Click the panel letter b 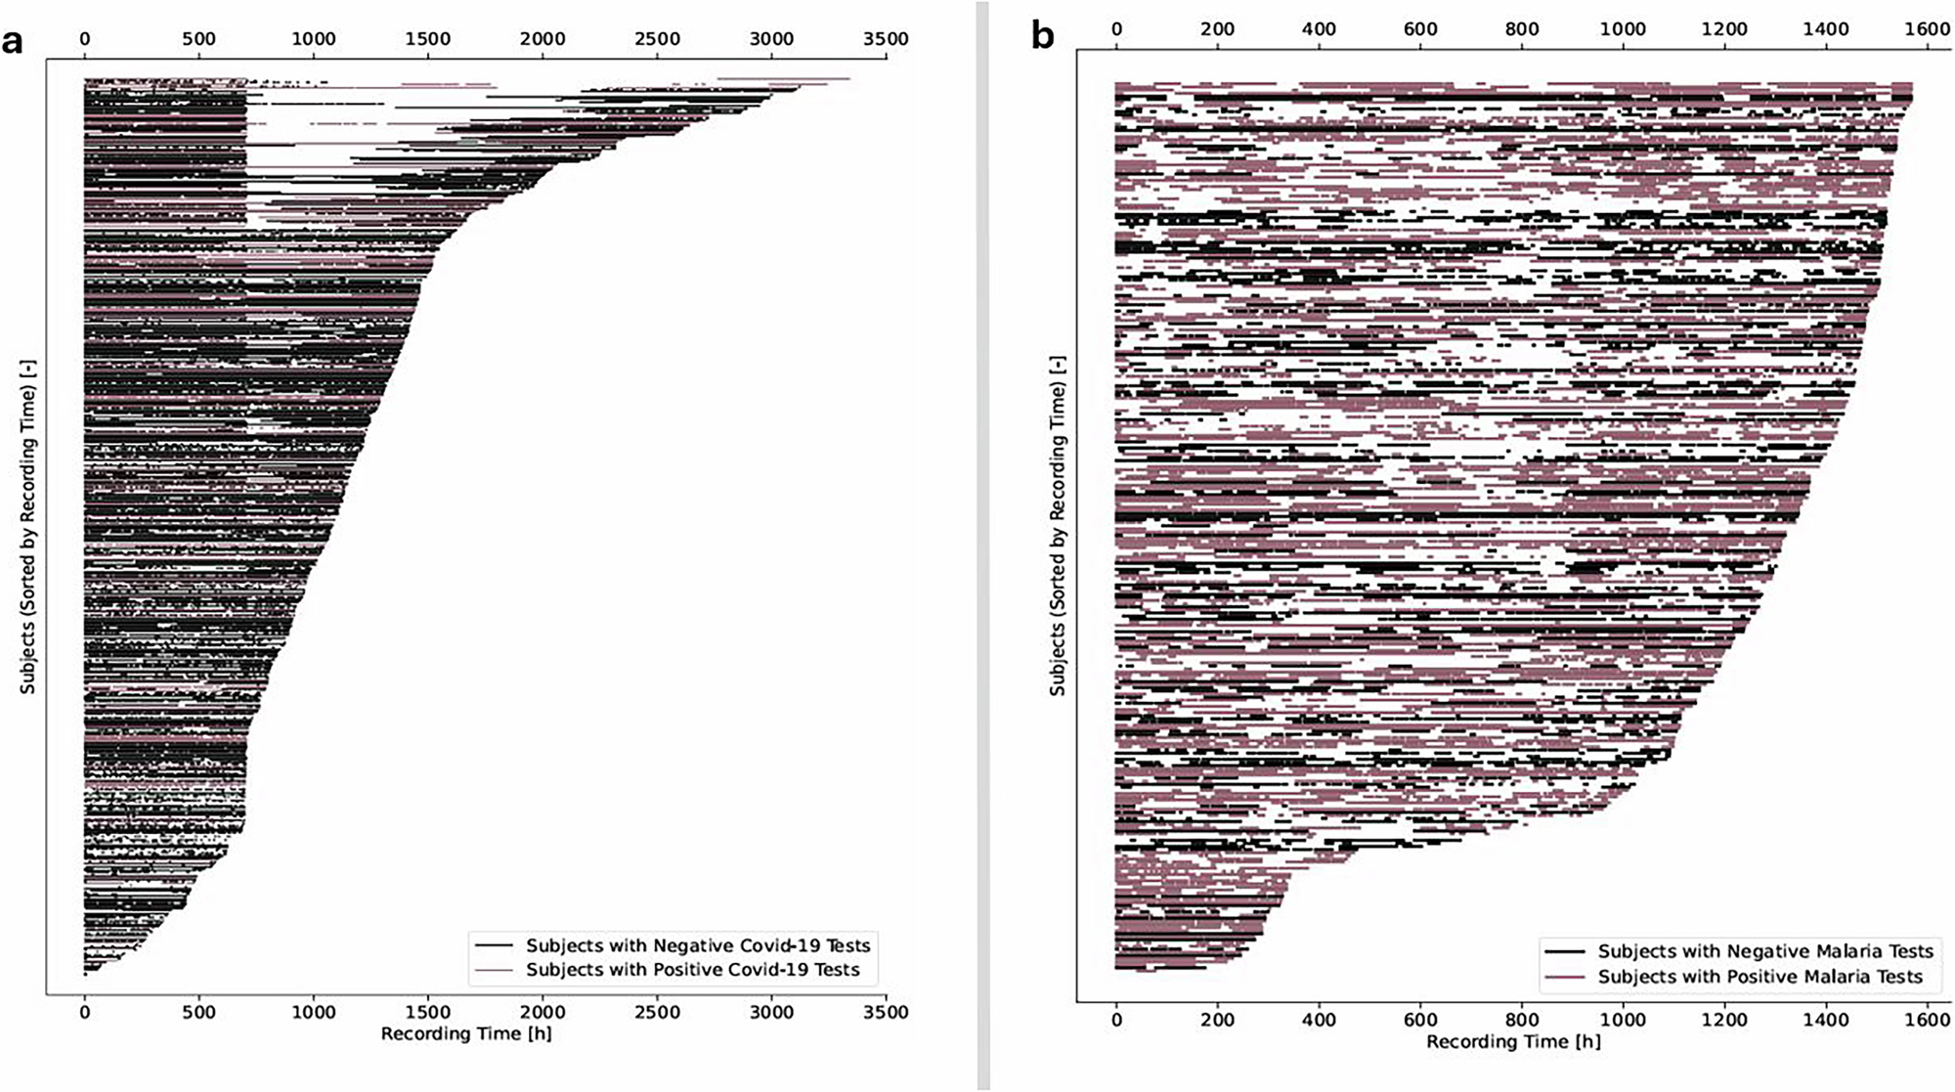[1043, 36]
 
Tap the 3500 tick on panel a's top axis [886, 39]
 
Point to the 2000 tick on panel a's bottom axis [542, 1012]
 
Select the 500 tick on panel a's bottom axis [198, 1012]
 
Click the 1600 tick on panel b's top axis [1927, 29]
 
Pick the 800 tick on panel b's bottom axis [1522, 1020]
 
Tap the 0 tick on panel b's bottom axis [1116, 1020]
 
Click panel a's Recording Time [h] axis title [466, 1033]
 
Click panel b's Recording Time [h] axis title [1513, 1041]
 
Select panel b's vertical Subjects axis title [1058, 527]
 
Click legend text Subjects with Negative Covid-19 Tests [698, 945]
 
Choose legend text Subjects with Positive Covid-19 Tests [693, 970]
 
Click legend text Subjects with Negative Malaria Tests [1765, 951]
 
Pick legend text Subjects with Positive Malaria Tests [1759, 977]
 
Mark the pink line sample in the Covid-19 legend [494, 970]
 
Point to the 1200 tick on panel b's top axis [1724, 29]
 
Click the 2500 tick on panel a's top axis [657, 39]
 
